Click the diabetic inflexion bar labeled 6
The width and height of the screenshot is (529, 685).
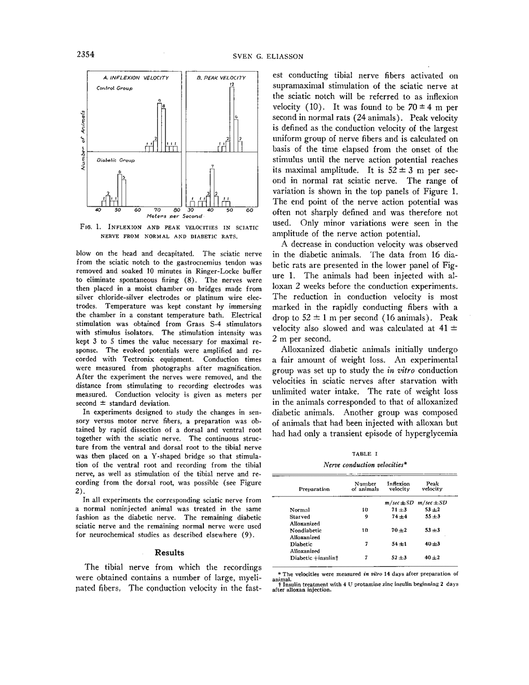[x=119, y=190]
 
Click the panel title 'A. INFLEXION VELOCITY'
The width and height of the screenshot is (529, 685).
[x=136, y=78]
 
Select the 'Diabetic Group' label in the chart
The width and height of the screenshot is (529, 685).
[x=116, y=160]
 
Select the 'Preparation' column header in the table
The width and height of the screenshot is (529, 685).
[x=314, y=489]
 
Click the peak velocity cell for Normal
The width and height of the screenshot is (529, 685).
[x=432, y=510]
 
